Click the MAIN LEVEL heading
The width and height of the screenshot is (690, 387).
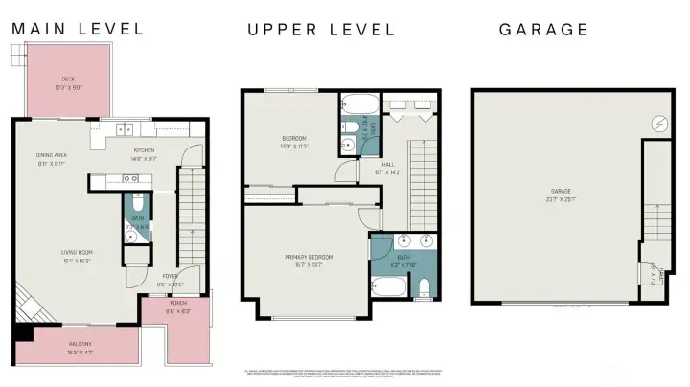click(77, 29)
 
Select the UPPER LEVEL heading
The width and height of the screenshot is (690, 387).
click(321, 29)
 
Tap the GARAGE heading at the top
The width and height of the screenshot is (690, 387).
click(543, 29)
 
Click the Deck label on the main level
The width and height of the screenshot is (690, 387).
click(68, 82)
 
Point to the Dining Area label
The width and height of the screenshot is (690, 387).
click(51, 159)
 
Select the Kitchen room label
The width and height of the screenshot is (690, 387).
click(144, 152)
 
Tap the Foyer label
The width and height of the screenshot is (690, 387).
click(170, 280)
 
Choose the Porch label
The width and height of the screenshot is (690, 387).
click(177, 308)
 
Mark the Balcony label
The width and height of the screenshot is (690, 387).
click(80, 347)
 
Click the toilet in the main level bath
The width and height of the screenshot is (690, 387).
click(137, 203)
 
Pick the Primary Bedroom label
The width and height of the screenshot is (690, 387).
click(309, 260)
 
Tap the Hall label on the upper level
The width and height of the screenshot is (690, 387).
click(388, 168)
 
